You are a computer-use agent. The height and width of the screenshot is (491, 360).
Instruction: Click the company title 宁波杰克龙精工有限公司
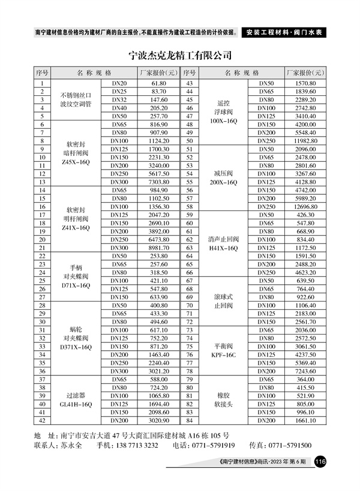click(x=180, y=56)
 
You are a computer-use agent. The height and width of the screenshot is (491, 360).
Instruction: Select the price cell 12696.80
click(x=305, y=206)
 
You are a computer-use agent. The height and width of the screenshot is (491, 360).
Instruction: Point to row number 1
click(x=42, y=83)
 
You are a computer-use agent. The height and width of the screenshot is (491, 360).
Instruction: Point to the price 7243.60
click(x=305, y=371)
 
